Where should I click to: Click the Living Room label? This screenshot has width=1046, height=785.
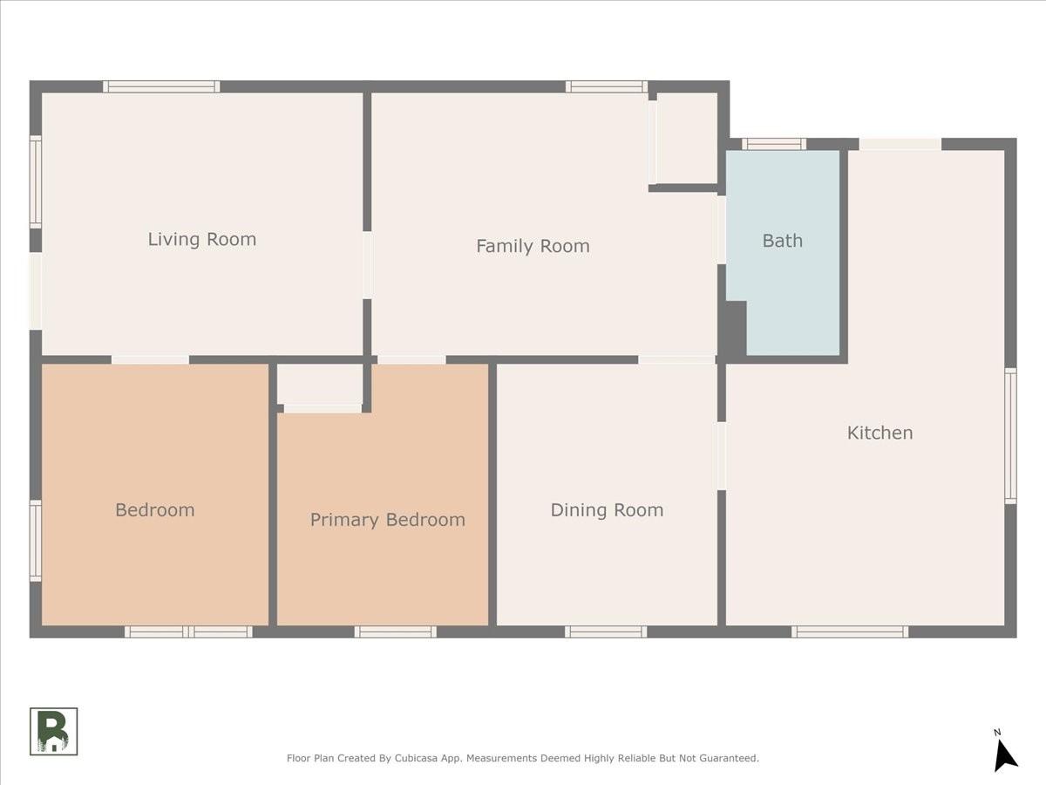tap(202, 239)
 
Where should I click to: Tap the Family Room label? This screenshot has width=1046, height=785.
tap(533, 247)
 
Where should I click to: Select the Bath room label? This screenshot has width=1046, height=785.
tap(783, 241)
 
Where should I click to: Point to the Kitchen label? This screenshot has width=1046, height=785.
tap(880, 433)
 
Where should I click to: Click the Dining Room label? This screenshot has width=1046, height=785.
tap(607, 510)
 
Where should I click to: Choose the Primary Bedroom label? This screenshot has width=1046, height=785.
tap(387, 520)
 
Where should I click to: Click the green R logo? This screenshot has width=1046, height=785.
tap(53, 731)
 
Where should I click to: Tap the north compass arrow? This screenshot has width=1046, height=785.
tap(1005, 755)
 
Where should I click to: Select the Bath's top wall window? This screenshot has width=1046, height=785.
tap(774, 144)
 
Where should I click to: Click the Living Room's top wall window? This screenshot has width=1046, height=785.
tap(161, 86)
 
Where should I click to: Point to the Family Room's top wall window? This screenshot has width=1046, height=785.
tap(607, 86)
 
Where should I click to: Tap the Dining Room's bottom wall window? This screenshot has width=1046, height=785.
tap(606, 631)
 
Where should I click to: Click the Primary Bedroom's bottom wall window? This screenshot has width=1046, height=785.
tap(395, 631)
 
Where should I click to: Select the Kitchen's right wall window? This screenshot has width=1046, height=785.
tap(1011, 435)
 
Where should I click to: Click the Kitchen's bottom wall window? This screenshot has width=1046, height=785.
tap(850, 631)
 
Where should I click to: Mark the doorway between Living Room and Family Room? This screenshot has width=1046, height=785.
tap(367, 265)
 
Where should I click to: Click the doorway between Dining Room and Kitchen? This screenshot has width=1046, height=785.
tap(722, 455)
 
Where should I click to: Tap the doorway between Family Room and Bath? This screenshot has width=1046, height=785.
tap(722, 229)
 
